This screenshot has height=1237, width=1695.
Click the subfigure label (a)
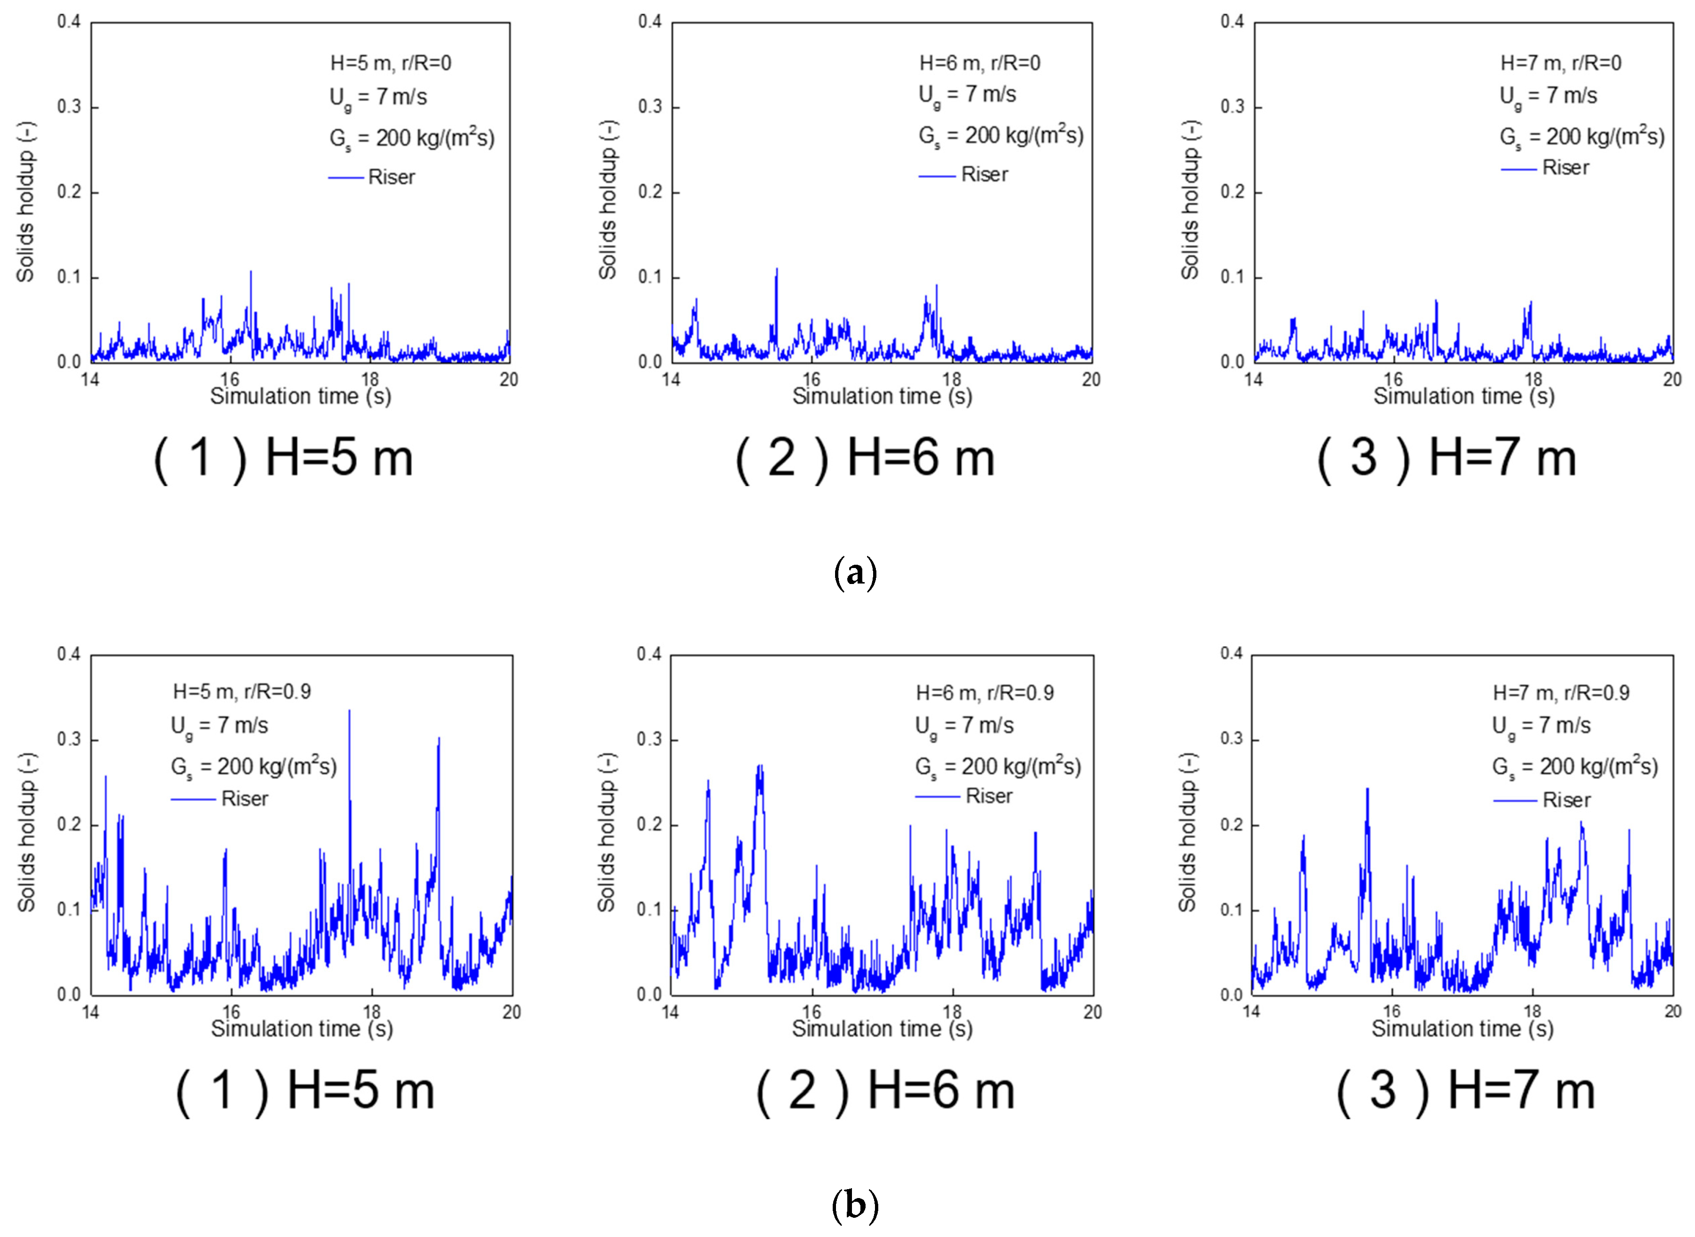[x=855, y=573]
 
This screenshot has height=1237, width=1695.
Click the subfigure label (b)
[x=855, y=1206]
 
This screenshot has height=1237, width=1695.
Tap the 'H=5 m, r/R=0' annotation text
[x=390, y=63]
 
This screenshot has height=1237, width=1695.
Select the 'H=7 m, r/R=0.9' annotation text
[x=1561, y=692]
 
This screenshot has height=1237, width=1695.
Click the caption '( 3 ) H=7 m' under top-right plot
[x=1447, y=458]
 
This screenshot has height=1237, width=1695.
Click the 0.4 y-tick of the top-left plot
[x=69, y=22]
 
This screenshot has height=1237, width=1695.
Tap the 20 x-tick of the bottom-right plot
[x=1672, y=1012]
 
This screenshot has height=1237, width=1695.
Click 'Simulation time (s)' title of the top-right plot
[x=1463, y=396]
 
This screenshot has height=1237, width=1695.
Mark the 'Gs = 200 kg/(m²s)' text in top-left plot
[x=412, y=138]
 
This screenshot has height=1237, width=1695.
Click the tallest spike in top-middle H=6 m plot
[x=777, y=269]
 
